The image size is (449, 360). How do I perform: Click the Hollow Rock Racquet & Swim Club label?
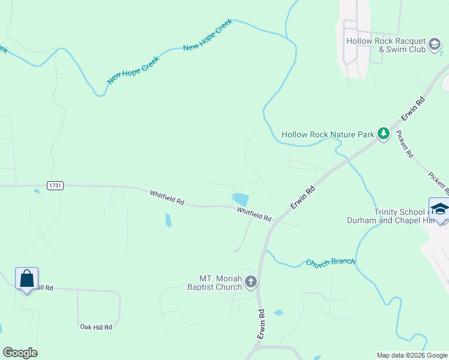[386, 45]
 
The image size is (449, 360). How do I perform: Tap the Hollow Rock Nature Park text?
[328, 134]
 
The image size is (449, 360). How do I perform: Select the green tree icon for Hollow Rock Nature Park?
[384, 134]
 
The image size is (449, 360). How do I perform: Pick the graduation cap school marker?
[440, 209]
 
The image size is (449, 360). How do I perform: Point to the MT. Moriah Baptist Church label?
[220, 283]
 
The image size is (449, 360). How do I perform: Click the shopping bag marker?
[26, 279]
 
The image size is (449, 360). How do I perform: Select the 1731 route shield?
[55, 186]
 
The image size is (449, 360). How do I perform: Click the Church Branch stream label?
[330, 262]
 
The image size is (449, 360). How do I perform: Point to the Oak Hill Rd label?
[96, 327]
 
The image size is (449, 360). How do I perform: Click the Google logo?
[20, 353]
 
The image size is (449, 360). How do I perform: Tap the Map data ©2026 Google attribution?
[411, 355]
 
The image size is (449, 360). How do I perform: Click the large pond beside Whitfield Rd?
[240, 199]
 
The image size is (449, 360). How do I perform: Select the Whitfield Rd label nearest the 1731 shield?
[167, 197]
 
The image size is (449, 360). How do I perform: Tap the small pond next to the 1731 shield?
[38, 191]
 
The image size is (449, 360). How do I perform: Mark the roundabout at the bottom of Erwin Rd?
[257, 347]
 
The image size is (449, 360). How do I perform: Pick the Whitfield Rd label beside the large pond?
[254, 214]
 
